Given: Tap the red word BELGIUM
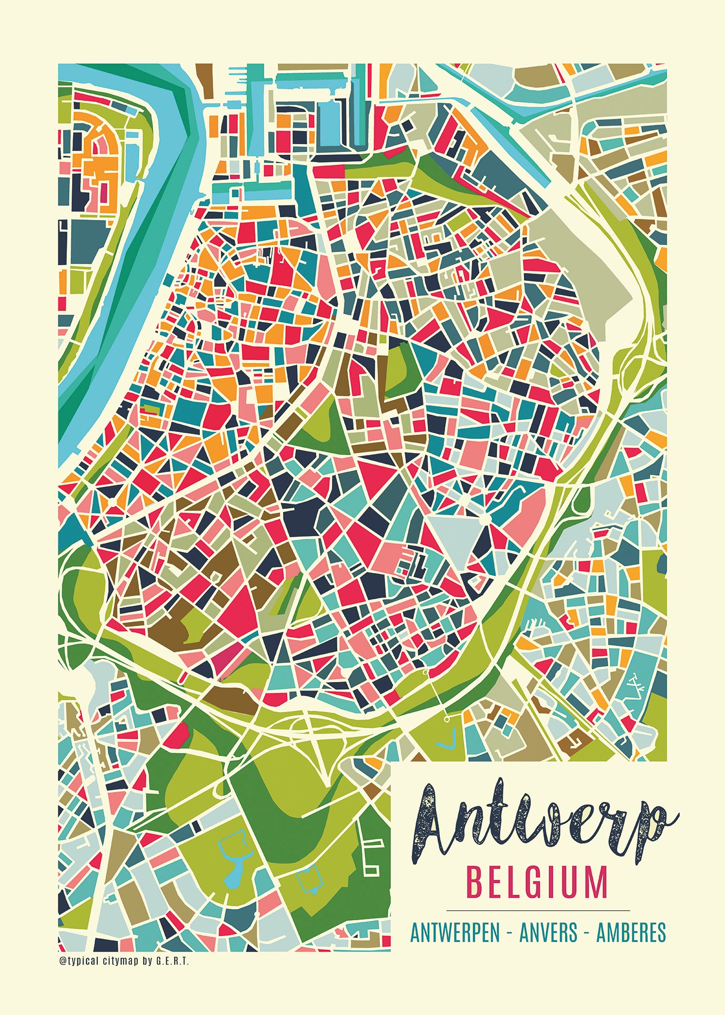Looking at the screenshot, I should (x=537, y=883).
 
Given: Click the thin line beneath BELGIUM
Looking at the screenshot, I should (x=538, y=910).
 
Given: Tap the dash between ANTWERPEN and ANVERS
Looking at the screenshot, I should (x=509, y=933).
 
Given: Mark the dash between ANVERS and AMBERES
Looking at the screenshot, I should (x=587, y=933).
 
